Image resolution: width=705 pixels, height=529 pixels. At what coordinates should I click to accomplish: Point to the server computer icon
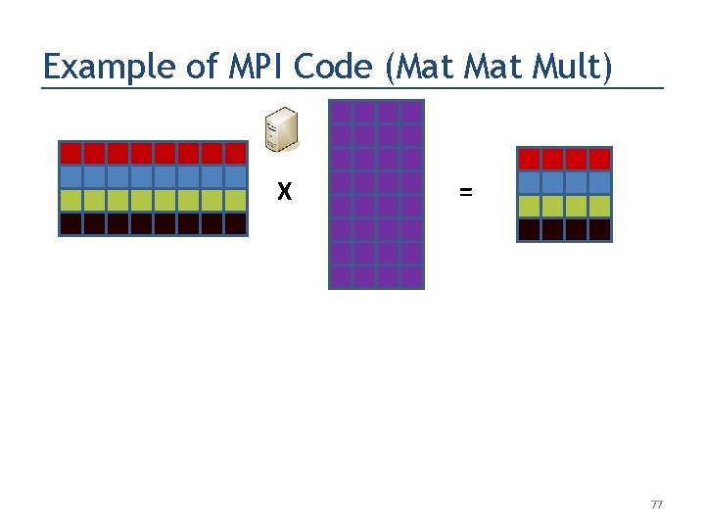click(281, 132)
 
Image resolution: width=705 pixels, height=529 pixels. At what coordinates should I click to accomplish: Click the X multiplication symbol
click(284, 193)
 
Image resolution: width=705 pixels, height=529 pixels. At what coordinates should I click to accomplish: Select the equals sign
click(465, 193)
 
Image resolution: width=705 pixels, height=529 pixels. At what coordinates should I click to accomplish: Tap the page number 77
click(656, 505)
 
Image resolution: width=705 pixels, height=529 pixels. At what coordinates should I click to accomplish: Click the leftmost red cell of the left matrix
click(70, 153)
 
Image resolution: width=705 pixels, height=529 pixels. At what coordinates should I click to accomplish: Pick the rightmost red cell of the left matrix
click(235, 153)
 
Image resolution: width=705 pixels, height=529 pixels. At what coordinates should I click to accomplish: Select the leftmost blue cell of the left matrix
click(70, 176)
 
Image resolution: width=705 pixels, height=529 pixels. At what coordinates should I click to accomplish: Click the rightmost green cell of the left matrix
click(235, 200)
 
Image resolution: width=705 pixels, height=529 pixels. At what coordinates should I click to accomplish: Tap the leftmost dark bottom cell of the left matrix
click(70, 223)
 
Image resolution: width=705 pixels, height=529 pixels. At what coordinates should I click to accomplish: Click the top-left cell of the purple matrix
click(341, 112)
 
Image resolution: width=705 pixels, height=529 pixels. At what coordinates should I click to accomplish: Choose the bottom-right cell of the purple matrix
click(411, 276)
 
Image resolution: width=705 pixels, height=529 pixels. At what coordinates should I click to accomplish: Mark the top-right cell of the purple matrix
click(411, 112)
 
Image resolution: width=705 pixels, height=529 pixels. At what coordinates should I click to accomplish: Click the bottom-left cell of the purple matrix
click(341, 276)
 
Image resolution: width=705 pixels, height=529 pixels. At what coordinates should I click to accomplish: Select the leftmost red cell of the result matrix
click(529, 159)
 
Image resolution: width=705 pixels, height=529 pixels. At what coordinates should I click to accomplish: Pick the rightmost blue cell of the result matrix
click(599, 182)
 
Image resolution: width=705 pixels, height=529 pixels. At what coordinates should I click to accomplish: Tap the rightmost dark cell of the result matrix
click(599, 229)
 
